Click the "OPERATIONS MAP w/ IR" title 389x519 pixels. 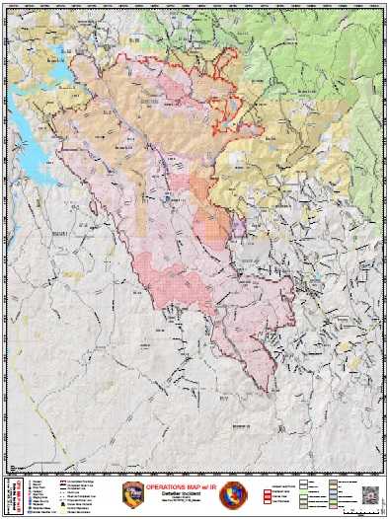tap(194, 486)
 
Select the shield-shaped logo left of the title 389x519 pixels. tap(132, 493)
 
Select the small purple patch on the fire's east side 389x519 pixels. tap(238, 226)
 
